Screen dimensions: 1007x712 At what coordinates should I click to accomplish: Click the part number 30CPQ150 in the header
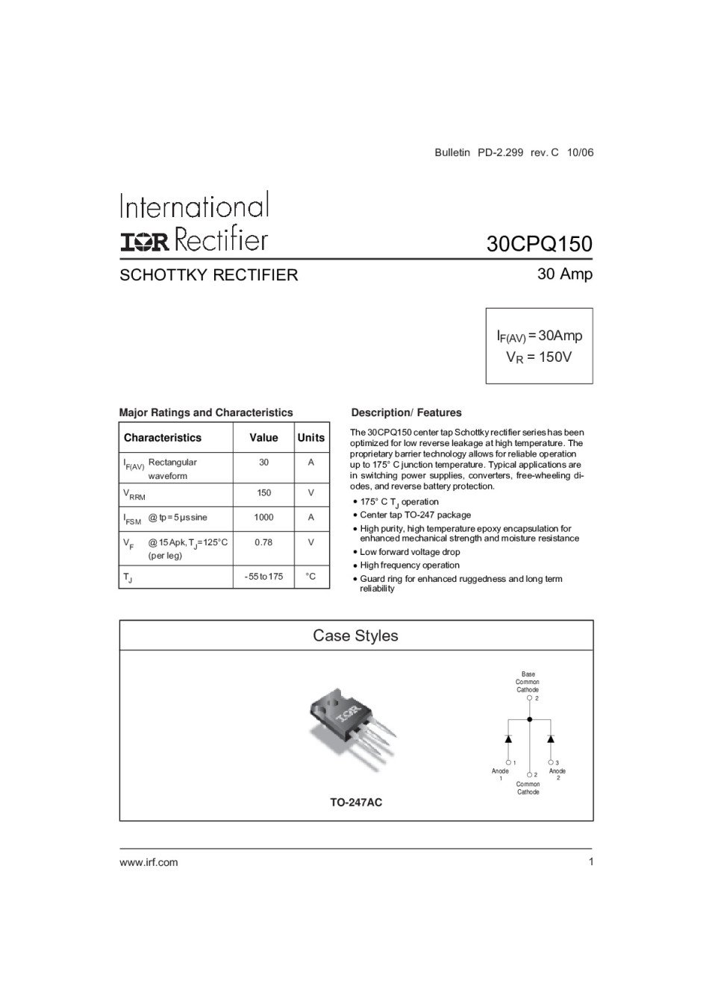click(x=539, y=244)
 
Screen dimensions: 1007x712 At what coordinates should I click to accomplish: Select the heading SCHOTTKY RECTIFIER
click(x=208, y=275)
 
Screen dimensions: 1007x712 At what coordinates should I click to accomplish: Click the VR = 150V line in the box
click(x=539, y=357)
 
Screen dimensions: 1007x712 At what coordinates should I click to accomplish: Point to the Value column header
click(x=263, y=438)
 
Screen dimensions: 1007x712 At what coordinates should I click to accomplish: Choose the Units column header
click(x=310, y=438)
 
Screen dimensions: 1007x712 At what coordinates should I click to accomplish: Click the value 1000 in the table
click(x=263, y=518)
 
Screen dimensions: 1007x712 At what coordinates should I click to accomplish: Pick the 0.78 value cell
click(x=263, y=542)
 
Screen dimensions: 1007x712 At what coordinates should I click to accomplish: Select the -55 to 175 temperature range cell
click(x=263, y=577)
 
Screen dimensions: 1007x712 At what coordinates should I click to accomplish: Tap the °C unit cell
click(x=310, y=577)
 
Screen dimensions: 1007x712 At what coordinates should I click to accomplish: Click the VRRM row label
click(x=134, y=494)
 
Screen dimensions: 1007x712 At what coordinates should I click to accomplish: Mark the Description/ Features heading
click(x=406, y=412)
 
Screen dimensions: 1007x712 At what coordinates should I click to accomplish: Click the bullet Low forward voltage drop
click(x=410, y=552)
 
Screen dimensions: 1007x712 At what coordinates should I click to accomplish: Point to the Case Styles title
click(x=355, y=636)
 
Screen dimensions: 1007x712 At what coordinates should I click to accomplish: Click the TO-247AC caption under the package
click(x=356, y=803)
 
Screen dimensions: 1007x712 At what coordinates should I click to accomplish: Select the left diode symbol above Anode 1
click(x=508, y=738)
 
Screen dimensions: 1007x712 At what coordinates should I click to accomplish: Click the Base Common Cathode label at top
click(x=528, y=682)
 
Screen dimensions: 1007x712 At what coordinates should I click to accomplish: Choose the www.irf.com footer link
click(x=149, y=862)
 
